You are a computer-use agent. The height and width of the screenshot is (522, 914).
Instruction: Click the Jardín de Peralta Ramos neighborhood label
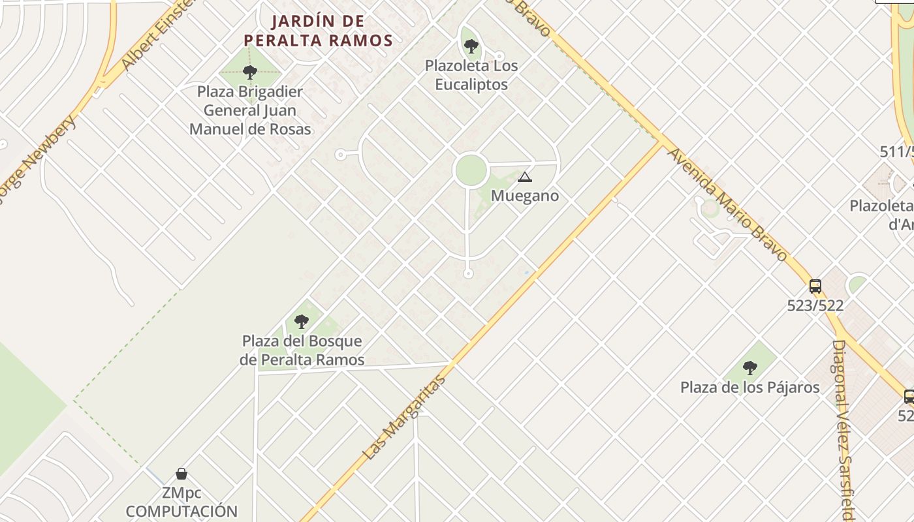pyautogui.click(x=319, y=31)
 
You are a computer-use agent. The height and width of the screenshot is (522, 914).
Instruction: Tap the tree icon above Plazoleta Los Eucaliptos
pyautogui.click(x=471, y=46)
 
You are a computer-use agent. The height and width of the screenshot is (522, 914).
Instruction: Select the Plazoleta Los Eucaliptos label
pyautogui.click(x=471, y=75)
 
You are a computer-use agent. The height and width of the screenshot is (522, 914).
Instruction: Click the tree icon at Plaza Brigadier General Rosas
pyautogui.click(x=249, y=72)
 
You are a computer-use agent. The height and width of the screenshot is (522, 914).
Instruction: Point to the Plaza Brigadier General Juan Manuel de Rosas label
pyautogui.click(x=250, y=110)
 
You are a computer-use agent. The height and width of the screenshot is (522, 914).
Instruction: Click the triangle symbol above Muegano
pyautogui.click(x=524, y=177)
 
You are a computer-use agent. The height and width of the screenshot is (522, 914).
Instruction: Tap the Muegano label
pyautogui.click(x=524, y=196)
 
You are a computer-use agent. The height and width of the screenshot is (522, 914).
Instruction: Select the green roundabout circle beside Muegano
pyautogui.click(x=471, y=170)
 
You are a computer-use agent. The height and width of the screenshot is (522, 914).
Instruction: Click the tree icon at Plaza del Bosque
pyautogui.click(x=301, y=321)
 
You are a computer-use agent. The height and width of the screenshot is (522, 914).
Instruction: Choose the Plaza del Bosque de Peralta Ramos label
pyautogui.click(x=302, y=350)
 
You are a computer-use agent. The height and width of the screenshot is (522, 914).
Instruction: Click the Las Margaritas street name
pyautogui.click(x=405, y=418)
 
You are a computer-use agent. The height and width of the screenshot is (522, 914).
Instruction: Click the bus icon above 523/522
pyautogui.click(x=815, y=286)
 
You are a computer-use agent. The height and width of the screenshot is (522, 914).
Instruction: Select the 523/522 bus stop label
pyautogui.click(x=815, y=305)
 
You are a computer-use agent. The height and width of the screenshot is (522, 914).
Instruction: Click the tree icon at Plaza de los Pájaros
pyautogui.click(x=750, y=368)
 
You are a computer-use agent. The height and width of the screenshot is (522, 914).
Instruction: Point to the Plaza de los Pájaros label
pyautogui.click(x=749, y=388)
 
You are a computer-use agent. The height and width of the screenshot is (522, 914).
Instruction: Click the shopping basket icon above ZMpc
pyautogui.click(x=181, y=474)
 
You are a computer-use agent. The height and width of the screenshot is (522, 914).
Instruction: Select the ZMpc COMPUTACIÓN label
pyautogui.click(x=181, y=502)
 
